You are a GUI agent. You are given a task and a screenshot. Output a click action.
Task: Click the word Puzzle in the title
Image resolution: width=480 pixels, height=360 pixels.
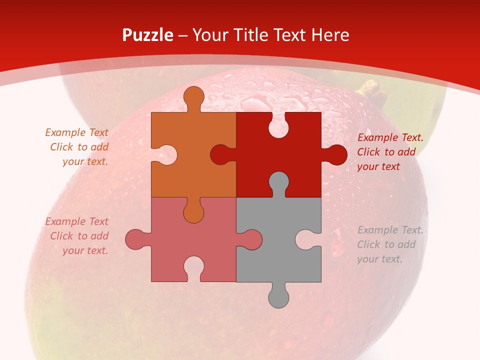[x=148, y=35]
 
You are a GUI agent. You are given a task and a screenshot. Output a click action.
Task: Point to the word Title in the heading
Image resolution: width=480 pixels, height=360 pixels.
[x=252, y=35]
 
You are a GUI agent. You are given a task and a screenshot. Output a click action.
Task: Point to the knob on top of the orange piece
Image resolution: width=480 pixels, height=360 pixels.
[x=193, y=97]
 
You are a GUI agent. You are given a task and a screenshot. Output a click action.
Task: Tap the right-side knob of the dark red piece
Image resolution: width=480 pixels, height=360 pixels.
[x=335, y=154]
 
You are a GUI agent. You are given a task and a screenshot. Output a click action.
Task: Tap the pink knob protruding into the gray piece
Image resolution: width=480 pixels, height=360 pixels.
[x=250, y=239]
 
